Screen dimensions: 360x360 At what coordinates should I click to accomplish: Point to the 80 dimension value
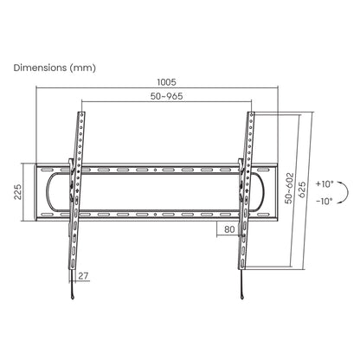(229, 229)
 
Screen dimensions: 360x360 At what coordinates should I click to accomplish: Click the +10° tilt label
(323, 184)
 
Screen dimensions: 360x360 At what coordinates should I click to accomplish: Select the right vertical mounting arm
(246, 190)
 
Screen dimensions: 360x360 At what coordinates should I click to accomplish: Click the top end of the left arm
(82, 114)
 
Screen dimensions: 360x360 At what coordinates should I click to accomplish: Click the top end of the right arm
(251, 114)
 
